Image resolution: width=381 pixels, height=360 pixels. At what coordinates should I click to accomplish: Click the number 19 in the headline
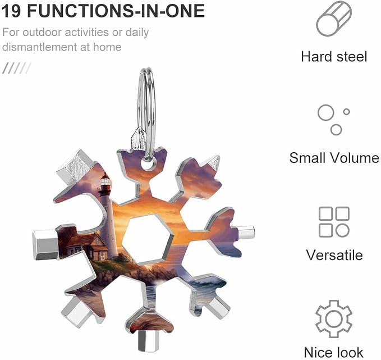(x=12, y=11)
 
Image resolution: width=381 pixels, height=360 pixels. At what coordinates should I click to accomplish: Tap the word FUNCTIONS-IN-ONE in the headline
(x=116, y=11)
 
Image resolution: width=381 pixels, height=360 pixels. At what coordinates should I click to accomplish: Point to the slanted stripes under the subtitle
(x=16, y=68)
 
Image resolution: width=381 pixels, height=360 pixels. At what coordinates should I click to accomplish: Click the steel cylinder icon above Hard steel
(x=334, y=19)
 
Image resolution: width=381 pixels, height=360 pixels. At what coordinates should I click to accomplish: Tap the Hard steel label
(x=334, y=57)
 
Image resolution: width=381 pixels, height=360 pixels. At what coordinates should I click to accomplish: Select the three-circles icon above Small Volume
(x=334, y=120)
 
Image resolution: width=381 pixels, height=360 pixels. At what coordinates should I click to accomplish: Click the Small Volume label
(x=334, y=158)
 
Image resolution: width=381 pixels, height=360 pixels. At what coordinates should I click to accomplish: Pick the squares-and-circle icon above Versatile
(x=334, y=222)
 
